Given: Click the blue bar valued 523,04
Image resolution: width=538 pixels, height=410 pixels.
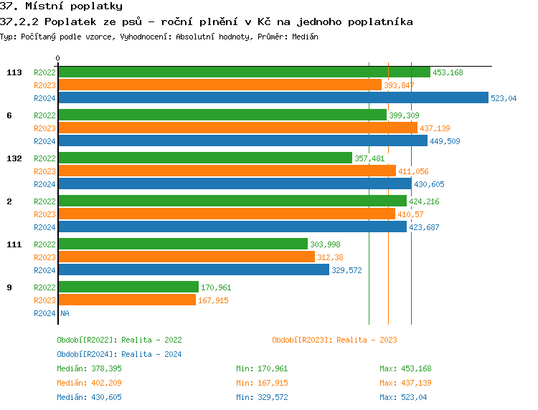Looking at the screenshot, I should coord(273,98).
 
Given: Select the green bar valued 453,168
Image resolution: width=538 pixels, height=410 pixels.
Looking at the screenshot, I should coord(244,72).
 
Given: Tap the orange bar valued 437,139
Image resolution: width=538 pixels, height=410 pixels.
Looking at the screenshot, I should coord(237,128).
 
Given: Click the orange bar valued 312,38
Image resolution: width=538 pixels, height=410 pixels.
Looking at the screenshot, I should coord(186,257).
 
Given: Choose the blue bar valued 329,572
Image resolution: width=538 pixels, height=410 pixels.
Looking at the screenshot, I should coord(193,270).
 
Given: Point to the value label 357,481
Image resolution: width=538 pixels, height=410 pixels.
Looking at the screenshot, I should coord(370,158).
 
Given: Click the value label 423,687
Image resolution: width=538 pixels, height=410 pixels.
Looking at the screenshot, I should coord(424,227).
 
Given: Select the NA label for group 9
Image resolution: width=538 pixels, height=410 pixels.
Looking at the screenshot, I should coord(65,313).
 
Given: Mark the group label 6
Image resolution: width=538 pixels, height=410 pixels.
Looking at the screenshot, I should coord(9,115).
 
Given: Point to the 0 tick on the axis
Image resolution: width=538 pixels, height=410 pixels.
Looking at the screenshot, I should coord(58,59).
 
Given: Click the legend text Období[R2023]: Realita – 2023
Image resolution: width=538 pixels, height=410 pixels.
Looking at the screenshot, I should coord(334,340).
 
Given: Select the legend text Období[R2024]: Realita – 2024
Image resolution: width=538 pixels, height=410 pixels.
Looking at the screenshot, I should coord(119,354).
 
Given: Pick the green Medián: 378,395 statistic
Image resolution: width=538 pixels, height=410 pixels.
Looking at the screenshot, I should coord(89,368).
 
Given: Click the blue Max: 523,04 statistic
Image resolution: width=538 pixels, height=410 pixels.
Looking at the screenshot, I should coord(405,397).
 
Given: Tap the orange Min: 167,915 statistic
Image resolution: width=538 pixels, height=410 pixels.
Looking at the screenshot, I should coord(262,383).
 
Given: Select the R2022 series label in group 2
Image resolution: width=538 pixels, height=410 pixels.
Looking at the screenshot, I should coord(44,201).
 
